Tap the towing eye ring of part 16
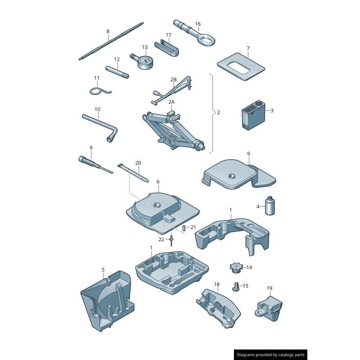click(207, 40)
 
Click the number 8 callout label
click(108, 31)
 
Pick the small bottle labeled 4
click(270, 206)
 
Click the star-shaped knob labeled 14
click(236, 267)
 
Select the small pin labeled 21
click(184, 228)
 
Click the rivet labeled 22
click(171, 241)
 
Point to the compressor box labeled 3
click(253, 115)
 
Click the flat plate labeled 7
click(241, 67)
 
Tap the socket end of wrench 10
click(111, 139)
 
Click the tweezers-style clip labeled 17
click(166, 48)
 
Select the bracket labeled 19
click(269, 308)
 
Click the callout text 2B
click(174, 80)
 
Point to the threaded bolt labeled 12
click(117, 72)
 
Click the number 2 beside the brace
click(219, 112)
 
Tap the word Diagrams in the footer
click(246, 355)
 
